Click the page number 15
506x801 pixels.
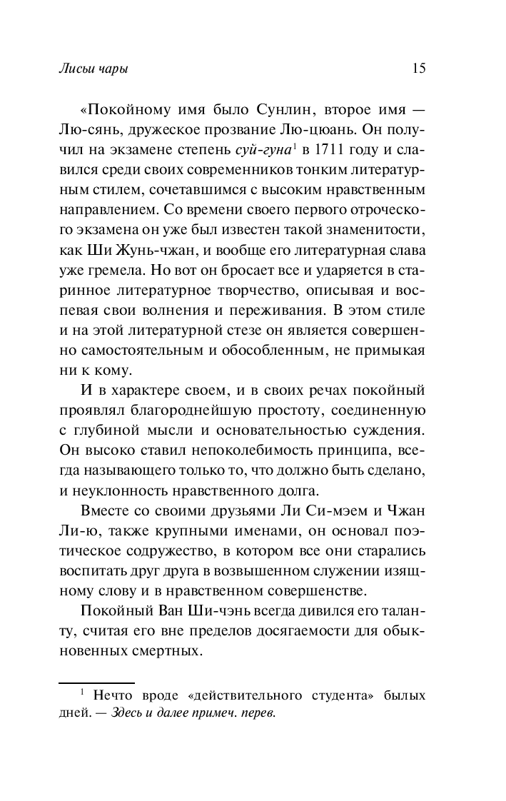coord(419,69)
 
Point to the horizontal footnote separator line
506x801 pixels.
coord(96,683)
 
